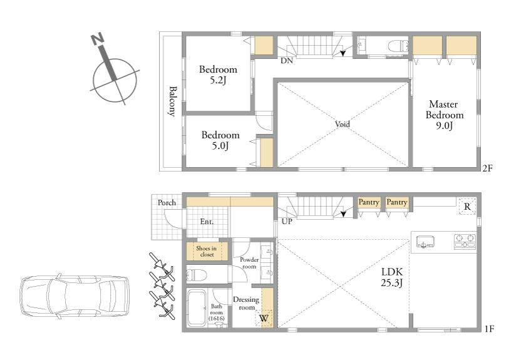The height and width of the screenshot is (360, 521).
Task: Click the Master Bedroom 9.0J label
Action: [444, 115]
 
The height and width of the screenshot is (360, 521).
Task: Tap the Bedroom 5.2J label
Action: [218, 75]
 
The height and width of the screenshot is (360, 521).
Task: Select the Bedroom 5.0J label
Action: [220, 140]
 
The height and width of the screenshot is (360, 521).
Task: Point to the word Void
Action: [343, 124]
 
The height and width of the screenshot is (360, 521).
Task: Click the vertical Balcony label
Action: [172, 101]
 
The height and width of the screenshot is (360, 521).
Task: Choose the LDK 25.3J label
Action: [392, 277]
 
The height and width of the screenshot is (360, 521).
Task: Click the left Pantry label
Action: [368, 202]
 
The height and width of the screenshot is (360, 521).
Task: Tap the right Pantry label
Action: [397, 202]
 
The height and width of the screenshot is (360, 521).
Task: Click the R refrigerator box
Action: [467, 206]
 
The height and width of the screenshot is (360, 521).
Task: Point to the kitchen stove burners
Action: [465, 242]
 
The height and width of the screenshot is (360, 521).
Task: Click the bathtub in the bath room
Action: [197, 308]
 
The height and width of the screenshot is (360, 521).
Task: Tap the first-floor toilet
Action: [196, 275]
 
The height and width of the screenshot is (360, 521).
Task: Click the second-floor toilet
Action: [398, 46]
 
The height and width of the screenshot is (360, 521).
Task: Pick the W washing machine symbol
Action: [264, 318]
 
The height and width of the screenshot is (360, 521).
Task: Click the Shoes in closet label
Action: [207, 252]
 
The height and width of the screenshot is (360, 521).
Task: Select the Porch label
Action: [167, 203]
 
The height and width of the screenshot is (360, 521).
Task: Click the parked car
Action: [75, 296]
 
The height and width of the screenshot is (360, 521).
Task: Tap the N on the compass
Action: [98, 39]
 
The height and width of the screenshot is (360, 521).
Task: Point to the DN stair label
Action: [287, 61]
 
